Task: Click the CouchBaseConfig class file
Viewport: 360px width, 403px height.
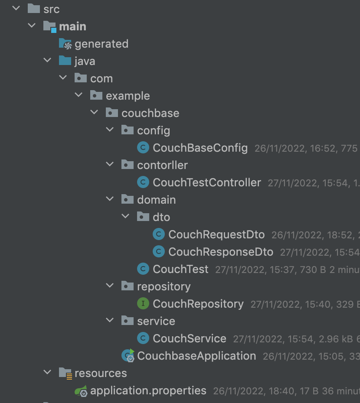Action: (200, 148)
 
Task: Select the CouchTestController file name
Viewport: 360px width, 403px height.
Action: (206, 182)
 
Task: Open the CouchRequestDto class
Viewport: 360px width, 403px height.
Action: (216, 234)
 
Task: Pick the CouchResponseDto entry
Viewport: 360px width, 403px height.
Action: (220, 252)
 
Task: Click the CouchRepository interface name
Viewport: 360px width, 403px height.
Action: (198, 304)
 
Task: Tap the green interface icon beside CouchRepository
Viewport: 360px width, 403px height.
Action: (143, 304)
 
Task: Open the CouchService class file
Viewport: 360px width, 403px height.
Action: (189, 338)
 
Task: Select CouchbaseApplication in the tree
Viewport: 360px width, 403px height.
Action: (196, 356)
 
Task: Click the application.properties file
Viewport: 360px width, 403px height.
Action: (148, 390)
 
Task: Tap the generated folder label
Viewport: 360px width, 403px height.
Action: (101, 44)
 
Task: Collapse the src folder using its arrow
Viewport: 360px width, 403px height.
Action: (16, 9)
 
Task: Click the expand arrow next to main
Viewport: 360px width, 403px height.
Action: (32, 26)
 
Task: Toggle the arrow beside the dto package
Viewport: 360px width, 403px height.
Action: (126, 217)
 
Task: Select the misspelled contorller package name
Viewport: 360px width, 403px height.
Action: (162, 165)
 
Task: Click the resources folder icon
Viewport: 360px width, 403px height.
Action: (65, 373)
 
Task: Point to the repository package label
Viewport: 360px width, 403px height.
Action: (164, 286)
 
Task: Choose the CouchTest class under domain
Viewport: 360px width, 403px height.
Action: (180, 269)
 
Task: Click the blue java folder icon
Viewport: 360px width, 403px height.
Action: (65, 61)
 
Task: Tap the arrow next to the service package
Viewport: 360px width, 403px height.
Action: (110, 321)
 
